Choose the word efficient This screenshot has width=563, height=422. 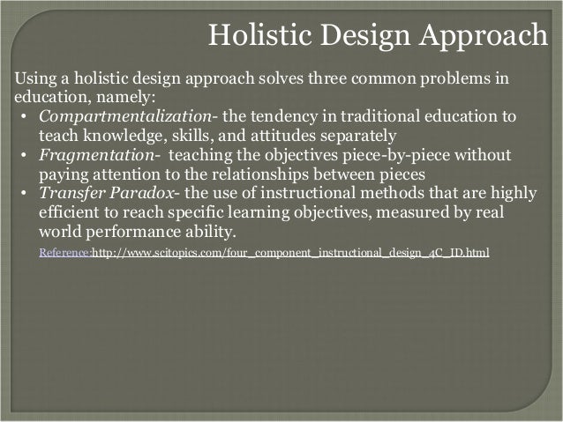(68, 214)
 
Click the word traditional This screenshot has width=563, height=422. (378, 117)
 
